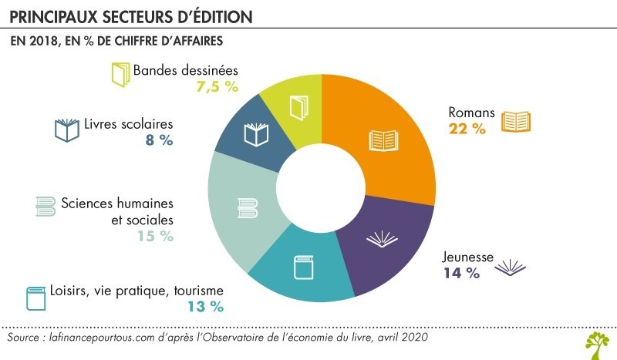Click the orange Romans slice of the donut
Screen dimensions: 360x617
(x=393, y=139)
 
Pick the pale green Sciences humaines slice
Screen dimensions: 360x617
(x=244, y=208)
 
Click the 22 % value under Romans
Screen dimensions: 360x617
(x=467, y=130)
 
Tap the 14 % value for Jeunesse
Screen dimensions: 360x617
(x=461, y=272)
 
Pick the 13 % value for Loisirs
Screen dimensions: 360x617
(x=205, y=307)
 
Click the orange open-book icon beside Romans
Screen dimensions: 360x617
(x=517, y=122)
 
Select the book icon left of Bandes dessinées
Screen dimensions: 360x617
(x=120, y=73)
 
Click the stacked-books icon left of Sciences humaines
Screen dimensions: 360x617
(x=46, y=206)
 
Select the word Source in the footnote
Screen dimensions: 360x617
(x=24, y=338)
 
